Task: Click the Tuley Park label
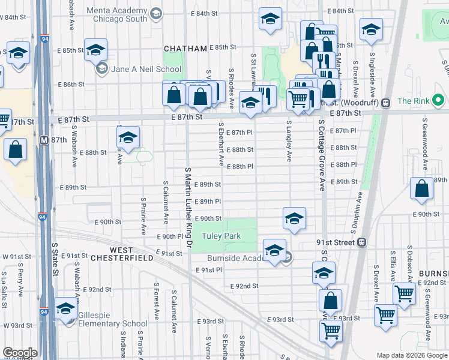[221, 236]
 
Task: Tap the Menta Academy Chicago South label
[116, 15]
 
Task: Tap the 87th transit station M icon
[44, 139]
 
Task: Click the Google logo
[20, 353]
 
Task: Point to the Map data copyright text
[412, 355]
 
